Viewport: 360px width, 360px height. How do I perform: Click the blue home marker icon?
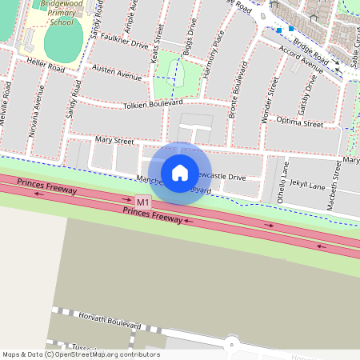click(x=180, y=173)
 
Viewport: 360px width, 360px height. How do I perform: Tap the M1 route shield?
click(x=142, y=202)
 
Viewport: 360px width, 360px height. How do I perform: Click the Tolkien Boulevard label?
click(x=153, y=104)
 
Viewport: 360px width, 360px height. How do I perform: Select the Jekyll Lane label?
click(x=307, y=184)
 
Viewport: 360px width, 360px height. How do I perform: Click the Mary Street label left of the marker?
click(x=114, y=140)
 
